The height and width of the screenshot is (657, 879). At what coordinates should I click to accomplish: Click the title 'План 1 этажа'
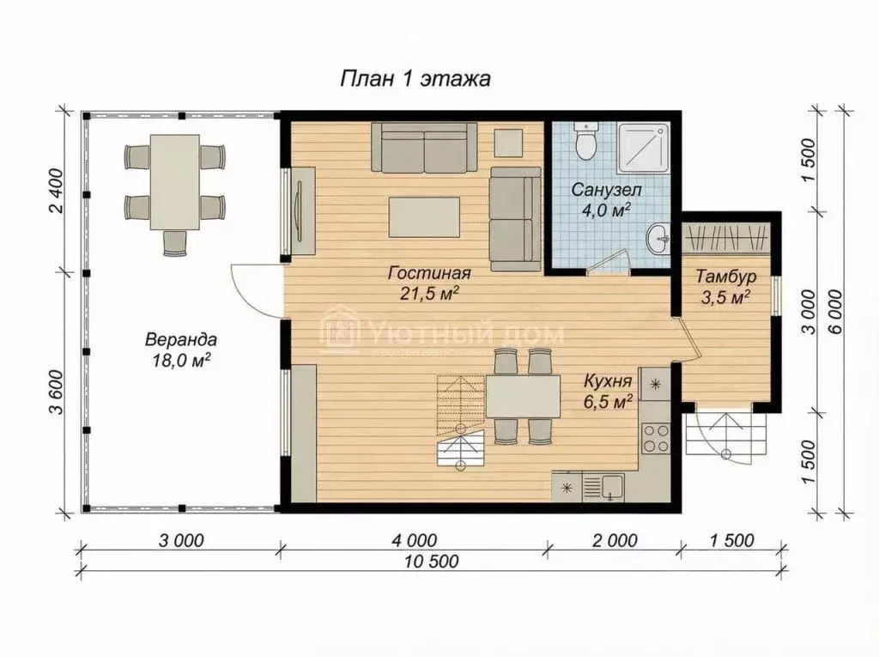(x=415, y=78)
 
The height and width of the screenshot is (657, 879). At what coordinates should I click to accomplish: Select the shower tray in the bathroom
(x=644, y=148)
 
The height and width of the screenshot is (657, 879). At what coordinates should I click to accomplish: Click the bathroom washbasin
(x=659, y=240)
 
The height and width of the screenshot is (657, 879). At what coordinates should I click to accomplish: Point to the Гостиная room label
(x=429, y=273)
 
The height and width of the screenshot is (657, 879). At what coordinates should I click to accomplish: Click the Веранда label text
(x=180, y=339)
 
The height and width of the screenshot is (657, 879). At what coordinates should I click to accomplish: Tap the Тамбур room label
(x=726, y=276)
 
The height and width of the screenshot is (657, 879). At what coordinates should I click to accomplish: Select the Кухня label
(x=608, y=381)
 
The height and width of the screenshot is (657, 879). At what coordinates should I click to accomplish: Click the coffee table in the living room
(x=424, y=217)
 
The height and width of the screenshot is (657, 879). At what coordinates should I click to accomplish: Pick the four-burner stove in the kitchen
(x=656, y=438)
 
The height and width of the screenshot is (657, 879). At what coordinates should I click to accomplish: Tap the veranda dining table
(x=175, y=182)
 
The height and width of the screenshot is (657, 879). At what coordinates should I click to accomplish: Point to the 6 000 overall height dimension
(x=834, y=312)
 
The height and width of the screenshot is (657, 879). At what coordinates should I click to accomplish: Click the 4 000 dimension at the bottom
(x=415, y=540)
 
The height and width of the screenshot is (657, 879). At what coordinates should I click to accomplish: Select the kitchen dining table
(x=523, y=397)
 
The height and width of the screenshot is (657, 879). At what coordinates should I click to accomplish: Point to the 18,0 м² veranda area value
(x=180, y=360)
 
